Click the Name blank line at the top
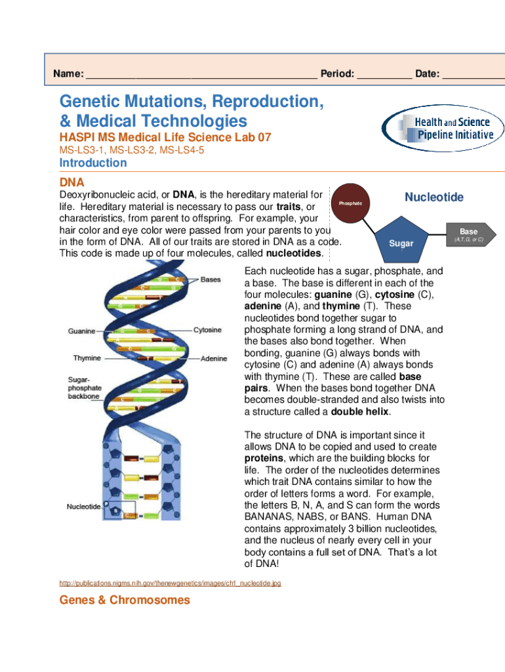201,74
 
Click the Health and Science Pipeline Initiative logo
445,129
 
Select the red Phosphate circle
350,203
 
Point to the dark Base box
468,234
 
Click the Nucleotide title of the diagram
434,198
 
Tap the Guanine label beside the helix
81,331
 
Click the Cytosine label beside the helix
207,330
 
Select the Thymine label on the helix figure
87,358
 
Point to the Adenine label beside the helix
213,359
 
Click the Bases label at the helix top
211,280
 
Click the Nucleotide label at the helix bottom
83,507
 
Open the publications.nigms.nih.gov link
170,583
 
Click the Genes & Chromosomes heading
125,600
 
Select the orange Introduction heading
93,163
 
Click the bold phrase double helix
360,411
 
